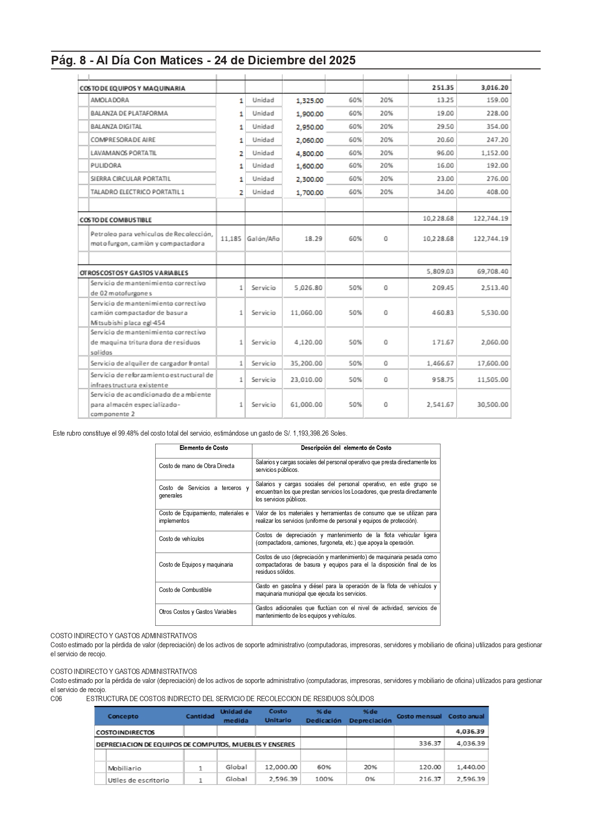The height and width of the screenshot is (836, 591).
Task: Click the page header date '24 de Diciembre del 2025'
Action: [x=285, y=61]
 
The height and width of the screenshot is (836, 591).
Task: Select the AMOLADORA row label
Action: [x=110, y=100]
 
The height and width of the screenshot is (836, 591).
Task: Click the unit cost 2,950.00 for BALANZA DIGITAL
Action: [x=310, y=127]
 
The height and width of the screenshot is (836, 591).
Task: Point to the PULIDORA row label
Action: [x=106, y=165]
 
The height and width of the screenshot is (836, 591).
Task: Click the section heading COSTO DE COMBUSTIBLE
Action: [x=116, y=220]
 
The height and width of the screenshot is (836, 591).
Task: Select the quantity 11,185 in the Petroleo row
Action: [x=230, y=238]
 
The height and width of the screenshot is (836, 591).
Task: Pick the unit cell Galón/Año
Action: [x=263, y=238]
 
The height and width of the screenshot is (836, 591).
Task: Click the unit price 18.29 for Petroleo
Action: [x=313, y=238]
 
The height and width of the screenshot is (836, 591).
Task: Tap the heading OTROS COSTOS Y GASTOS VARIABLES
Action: [x=134, y=273]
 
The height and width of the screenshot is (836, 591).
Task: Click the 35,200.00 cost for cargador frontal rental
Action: [x=306, y=363]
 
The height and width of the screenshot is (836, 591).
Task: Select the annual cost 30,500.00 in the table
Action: [x=492, y=405]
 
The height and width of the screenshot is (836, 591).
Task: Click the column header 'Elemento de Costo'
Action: [x=203, y=448]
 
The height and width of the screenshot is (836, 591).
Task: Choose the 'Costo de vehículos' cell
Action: [x=181, y=539]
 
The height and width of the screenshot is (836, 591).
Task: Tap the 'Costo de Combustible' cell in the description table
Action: [x=185, y=590]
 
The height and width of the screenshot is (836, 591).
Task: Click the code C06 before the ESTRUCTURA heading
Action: [x=56, y=699]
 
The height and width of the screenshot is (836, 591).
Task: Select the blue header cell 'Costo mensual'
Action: [x=419, y=716]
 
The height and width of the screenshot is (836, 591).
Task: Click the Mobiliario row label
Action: [x=124, y=768]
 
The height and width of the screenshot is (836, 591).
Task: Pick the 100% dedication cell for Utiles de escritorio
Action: [x=324, y=779]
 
